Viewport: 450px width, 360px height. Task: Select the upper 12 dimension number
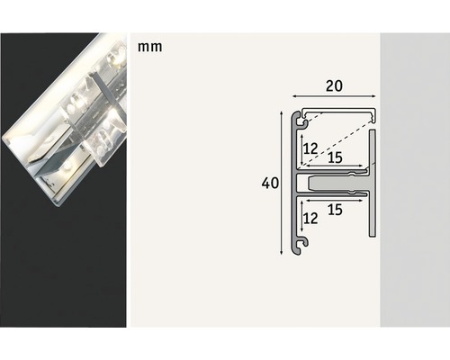[310, 147]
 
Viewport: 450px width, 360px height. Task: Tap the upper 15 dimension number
[335, 156]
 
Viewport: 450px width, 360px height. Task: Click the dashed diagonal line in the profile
[337, 137]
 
